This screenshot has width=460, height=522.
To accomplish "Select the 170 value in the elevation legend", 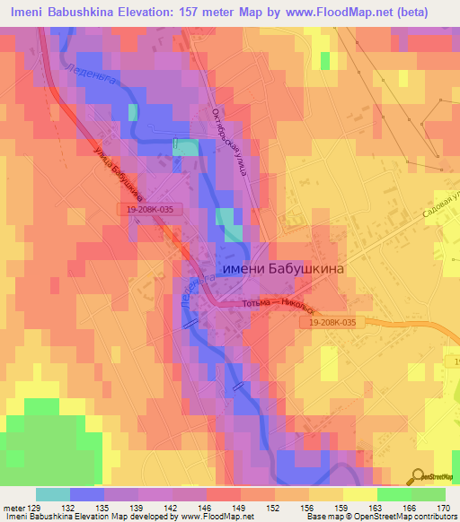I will pos(442,507).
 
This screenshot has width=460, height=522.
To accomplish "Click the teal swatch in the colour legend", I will pos(53,494).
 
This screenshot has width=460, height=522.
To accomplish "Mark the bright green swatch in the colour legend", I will pos(394,494).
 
